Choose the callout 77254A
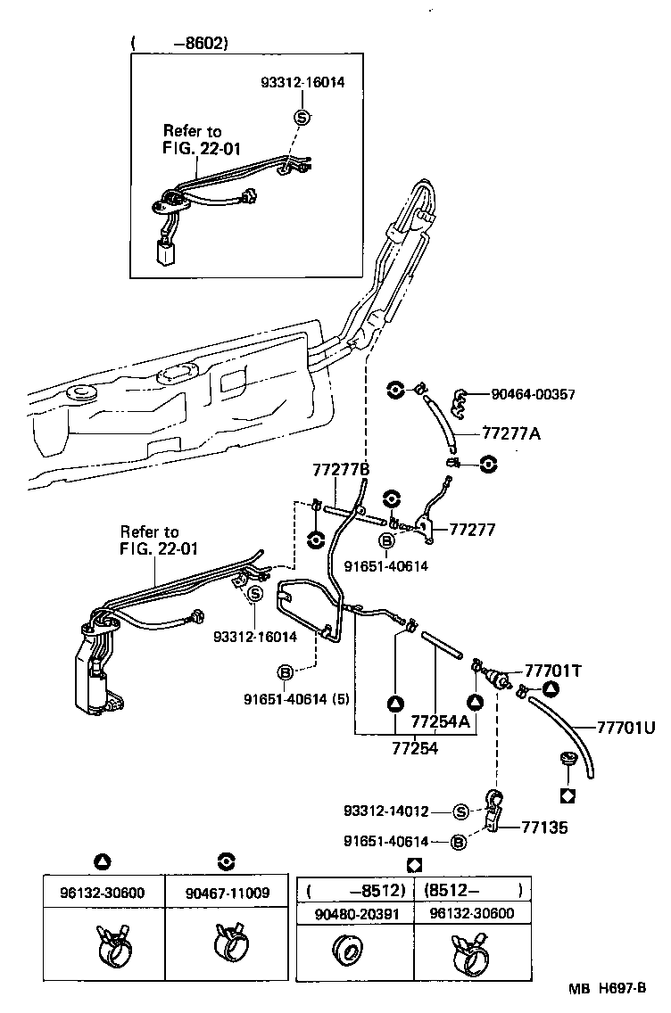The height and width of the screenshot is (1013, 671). [x=440, y=721]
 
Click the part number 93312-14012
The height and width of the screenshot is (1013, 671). [x=386, y=811]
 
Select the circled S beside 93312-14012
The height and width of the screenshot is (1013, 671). [x=461, y=811]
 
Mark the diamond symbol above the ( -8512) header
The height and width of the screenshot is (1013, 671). [x=413, y=863]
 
